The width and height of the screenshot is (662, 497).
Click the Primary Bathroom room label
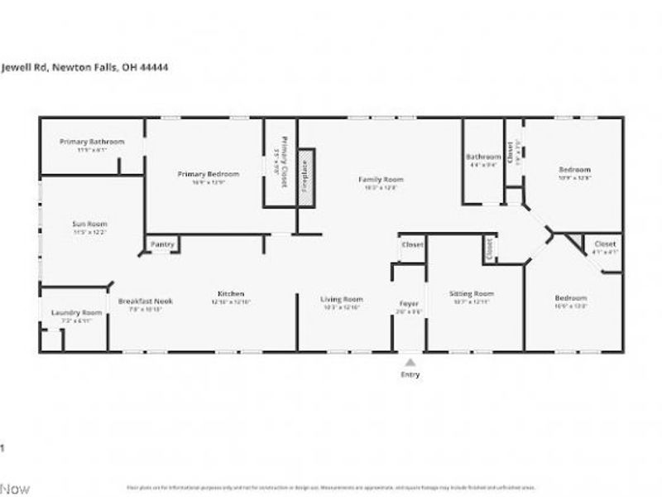pyautogui.click(x=92, y=142)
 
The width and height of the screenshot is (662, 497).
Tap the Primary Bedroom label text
pyautogui.click(x=208, y=174)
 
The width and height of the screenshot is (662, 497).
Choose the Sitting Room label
pyautogui.click(x=471, y=293)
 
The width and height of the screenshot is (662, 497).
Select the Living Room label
pyautogui.click(x=342, y=299)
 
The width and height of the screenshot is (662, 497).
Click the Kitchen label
pyautogui.click(x=230, y=294)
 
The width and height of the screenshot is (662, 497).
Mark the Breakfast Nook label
pyautogui.click(x=145, y=301)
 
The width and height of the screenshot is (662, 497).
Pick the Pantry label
pyautogui.click(x=161, y=244)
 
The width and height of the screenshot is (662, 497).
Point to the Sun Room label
pyautogui.click(x=91, y=224)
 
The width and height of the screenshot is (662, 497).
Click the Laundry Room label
pyautogui.click(x=76, y=312)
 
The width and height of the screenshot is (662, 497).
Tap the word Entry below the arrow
pyautogui.click(x=410, y=374)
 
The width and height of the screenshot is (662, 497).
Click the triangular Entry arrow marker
pyautogui.click(x=410, y=362)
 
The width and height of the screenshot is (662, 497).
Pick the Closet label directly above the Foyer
pyautogui.click(x=411, y=245)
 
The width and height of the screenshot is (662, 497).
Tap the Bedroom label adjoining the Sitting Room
pyautogui.click(x=570, y=298)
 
